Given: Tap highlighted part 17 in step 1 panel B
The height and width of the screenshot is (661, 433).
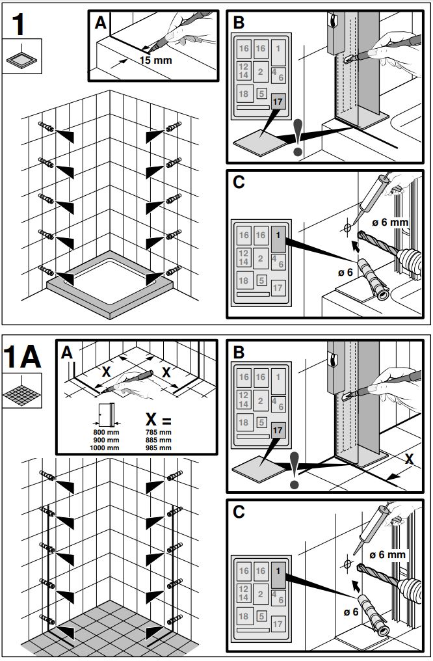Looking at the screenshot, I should tap(278, 103).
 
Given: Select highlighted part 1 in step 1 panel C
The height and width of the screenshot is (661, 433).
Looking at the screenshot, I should tap(278, 235).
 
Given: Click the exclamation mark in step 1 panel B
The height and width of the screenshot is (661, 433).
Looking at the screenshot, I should tap(298, 138).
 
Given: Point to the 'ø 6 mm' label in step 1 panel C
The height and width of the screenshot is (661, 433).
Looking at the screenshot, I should tap(389, 223).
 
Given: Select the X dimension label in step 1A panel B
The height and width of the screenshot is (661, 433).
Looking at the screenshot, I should tap(408, 459).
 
